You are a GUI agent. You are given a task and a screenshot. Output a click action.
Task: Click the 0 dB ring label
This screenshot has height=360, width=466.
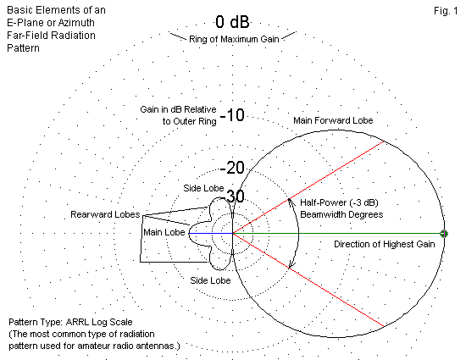click(x=232, y=22)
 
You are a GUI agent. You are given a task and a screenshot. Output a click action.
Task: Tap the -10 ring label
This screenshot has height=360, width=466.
click(x=232, y=115)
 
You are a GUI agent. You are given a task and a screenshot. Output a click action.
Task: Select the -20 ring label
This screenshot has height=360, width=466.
click(x=232, y=168)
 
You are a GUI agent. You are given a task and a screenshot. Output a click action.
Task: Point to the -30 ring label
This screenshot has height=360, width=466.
click(x=233, y=196)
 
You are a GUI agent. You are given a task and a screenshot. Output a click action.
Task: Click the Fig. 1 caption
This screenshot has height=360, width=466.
click(x=446, y=11)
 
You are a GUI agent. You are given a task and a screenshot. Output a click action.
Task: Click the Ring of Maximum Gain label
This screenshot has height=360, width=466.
click(x=234, y=39)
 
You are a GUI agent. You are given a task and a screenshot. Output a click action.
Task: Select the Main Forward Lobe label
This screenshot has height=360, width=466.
click(x=333, y=120)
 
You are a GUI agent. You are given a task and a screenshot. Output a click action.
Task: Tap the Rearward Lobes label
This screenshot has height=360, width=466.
click(x=105, y=214)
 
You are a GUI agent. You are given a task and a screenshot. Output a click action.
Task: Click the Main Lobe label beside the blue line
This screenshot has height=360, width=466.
click(x=164, y=232)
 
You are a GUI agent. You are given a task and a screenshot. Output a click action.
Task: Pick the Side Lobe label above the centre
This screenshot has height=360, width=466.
click(x=203, y=188)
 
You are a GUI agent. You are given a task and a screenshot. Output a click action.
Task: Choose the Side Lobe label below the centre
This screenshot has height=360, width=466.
click(x=210, y=280)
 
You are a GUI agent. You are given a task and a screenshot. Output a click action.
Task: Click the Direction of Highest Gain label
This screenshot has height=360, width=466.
click(x=385, y=244)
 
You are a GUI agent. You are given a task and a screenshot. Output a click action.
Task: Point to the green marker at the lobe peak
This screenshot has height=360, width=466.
click(x=444, y=234)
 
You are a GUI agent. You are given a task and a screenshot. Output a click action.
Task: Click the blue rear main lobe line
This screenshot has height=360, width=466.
click(x=211, y=234)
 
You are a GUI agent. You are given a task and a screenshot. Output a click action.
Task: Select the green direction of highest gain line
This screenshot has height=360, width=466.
click(x=338, y=234)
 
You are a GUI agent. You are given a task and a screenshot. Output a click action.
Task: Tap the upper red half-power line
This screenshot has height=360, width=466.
click(x=308, y=188)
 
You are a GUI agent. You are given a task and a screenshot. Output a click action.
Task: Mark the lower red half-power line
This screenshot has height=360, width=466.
click(x=308, y=280)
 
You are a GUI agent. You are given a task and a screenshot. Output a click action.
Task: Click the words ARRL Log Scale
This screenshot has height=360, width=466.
click(x=99, y=322)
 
